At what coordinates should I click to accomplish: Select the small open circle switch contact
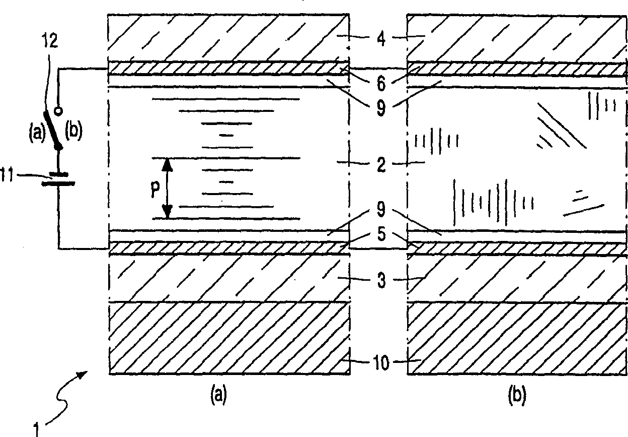tap(59, 109)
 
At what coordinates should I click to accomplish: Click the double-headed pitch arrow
tap(168, 188)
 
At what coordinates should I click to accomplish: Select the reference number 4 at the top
tap(380, 39)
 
